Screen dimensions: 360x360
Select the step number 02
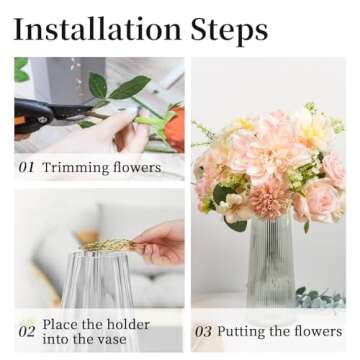[x=27, y=331]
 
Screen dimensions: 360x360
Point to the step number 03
[x=203, y=331]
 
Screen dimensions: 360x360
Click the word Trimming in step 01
[x=76, y=168]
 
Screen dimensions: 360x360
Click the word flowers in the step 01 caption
[x=136, y=168]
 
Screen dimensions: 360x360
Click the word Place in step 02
[x=65, y=324]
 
